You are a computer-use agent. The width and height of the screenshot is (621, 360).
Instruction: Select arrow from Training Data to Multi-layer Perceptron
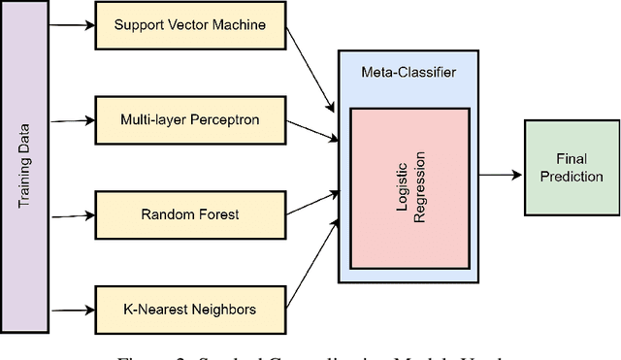(x=67, y=121)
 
